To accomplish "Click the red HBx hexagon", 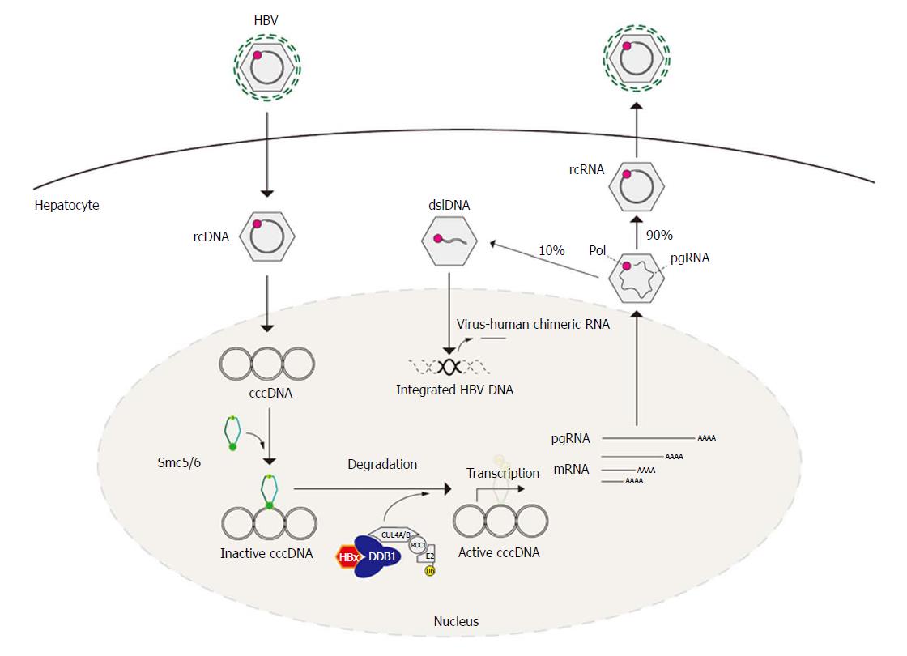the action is [x=348, y=556].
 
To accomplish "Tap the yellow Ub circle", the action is [x=430, y=571].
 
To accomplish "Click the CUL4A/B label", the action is [x=396, y=535].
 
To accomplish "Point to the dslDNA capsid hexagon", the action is [x=449, y=241].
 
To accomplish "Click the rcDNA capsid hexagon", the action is [x=267, y=236].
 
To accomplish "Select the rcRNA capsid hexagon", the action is [x=637, y=186].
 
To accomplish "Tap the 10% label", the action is [x=551, y=250].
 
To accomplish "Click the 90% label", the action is [x=659, y=235].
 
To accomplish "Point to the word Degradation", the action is [x=382, y=465].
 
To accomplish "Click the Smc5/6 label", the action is [x=179, y=462].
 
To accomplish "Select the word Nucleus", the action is [x=457, y=621].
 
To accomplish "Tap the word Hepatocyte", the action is [x=67, y=206].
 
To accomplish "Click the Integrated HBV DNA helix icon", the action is [x=449, y=366].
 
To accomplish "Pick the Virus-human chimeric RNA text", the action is [x=534, y=324].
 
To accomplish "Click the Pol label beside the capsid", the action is [x=598, y=250].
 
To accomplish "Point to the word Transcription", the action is [x=503, y=473].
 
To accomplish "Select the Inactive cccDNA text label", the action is [x=266, y=554].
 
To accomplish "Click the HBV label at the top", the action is [x=266, y=20].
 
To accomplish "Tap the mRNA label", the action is [x=572, y=469].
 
